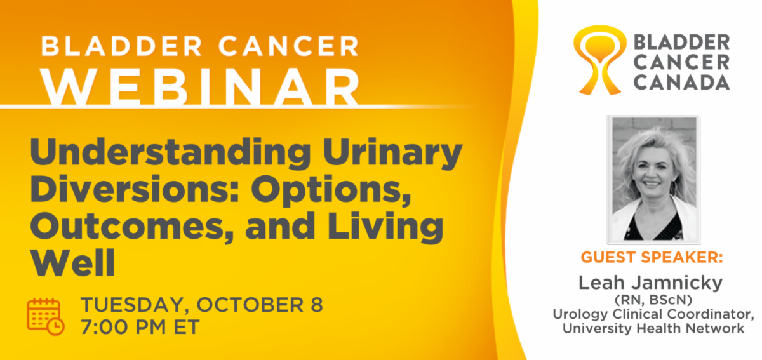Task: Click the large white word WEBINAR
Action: click(x=200, y=87)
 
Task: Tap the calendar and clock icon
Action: click(x=46, y=316)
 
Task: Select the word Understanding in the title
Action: click(x=170, y=153)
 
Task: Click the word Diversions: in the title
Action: click(x=135, y=189)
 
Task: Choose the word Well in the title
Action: click(x=73, y=263)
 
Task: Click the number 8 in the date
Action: click(x=316, y=304)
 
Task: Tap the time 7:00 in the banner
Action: click(x=105, y=327)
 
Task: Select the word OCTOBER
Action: click(x=250, y=304)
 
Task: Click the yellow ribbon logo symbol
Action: click(x=599, y=60)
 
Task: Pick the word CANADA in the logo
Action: click(x=681, y=82)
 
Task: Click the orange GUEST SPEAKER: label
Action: click(x=652, y=257)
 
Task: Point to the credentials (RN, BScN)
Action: click(x=653, y=300)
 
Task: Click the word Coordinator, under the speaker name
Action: click(x=712, y=314)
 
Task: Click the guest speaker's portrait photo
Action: click(x=654, y=180)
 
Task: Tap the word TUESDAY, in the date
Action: click(x=135, y=305)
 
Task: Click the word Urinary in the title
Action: click(x=392, y=153)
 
